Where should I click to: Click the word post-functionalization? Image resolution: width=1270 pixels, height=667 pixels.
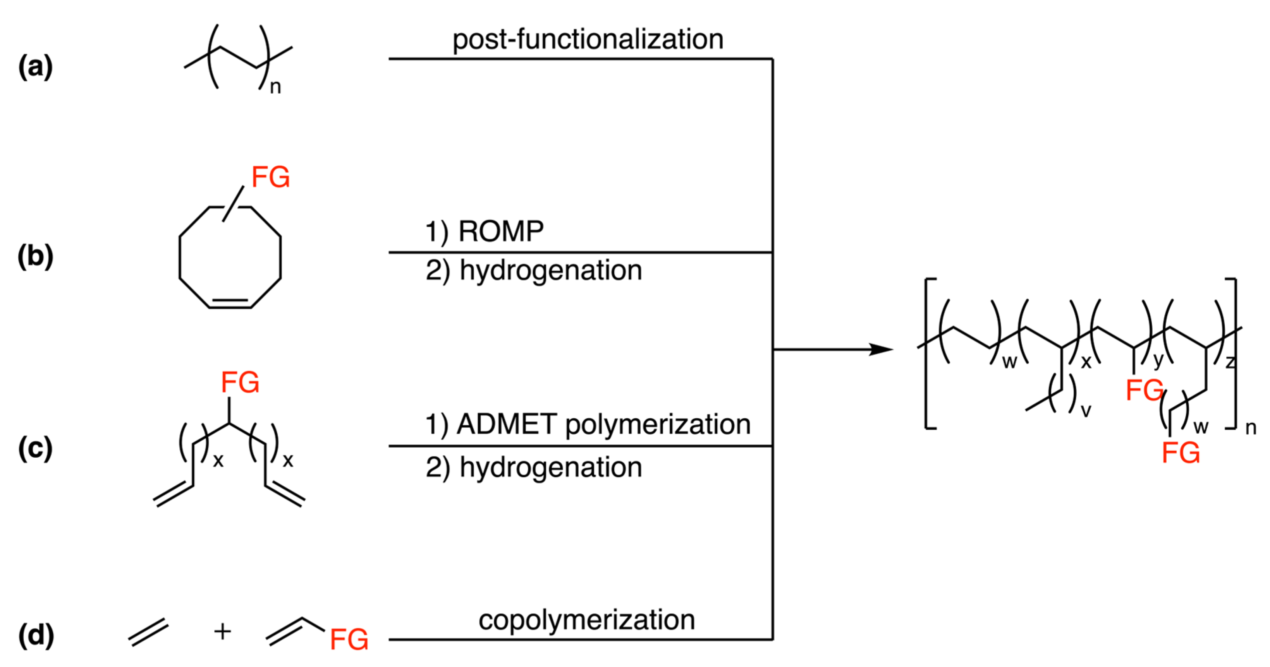(x=588, y=39)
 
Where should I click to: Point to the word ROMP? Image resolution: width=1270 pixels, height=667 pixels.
(x=501, y=231)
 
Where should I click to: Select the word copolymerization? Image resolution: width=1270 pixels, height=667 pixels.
(x=587, y=620)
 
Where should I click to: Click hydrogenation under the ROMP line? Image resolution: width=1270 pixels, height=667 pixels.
(x=551, y=270)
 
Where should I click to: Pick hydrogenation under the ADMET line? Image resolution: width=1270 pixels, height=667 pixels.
(x=551, y=467)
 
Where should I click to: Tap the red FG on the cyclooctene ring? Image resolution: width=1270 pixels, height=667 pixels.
(x=271, y=177)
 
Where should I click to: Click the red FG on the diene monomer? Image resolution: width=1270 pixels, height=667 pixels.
(x=240, y=382)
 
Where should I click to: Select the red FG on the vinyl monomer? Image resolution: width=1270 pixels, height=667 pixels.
(x=349, y=640)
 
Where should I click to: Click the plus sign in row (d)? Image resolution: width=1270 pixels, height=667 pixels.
(x=222, y=631)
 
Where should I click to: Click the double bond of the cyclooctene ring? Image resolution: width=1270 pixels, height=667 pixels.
(x=230, y=303)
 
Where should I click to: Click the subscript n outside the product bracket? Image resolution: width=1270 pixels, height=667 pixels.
(x=1250, y=428)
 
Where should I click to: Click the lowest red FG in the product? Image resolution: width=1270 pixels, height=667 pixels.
(x=1181, y=452)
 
